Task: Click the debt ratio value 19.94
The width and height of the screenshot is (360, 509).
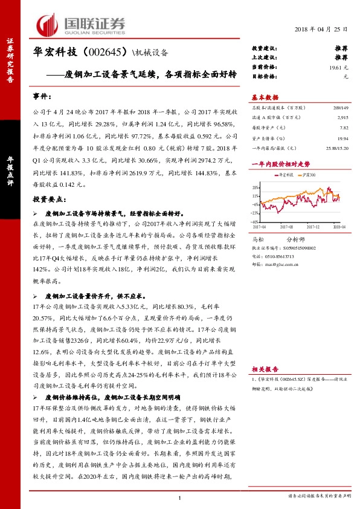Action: click(x=342, y=138)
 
